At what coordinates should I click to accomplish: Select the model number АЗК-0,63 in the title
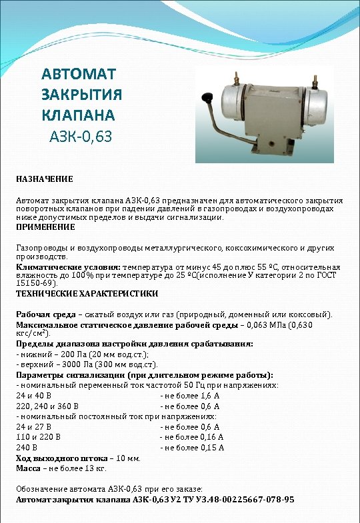[x=81, y=137]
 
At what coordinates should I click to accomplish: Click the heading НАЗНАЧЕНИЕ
[x=45, y=180]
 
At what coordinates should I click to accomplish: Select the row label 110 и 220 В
[x=38, y=437]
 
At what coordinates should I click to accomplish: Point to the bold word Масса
[x=29, y=468]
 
